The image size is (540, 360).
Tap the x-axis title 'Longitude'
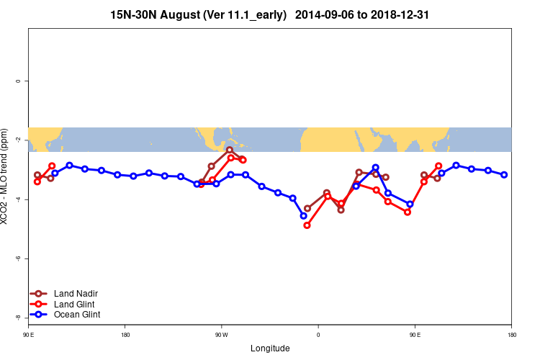270,348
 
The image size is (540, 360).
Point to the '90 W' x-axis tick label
220,335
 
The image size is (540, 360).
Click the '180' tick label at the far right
511,335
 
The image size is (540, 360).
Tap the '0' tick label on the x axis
318,335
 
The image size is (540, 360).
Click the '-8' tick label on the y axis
17,318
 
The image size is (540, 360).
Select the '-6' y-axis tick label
17,258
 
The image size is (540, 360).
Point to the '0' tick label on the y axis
17,81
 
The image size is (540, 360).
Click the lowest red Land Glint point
307,225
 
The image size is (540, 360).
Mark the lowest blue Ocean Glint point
303,215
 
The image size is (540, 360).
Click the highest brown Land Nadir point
230,150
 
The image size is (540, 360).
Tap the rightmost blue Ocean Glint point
504,174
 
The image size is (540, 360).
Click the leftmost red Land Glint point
37,181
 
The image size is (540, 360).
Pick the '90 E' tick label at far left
29,335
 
